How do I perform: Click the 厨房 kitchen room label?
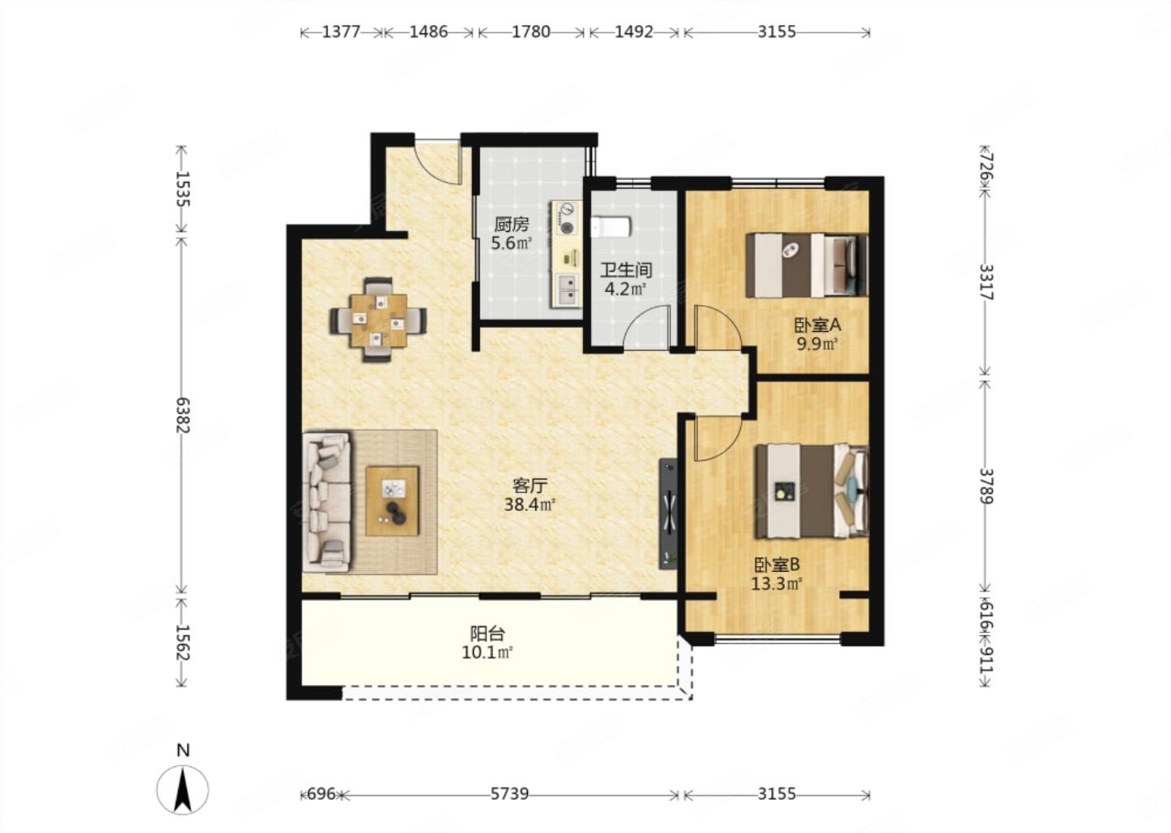(x=511, y=225)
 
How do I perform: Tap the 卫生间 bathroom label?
(x=626, y=270)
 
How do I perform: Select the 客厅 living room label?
(x=529, y=486)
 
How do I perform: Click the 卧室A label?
(x=817, y=325)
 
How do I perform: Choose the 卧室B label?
(x=777, y=565)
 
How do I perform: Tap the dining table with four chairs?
(x=378, y=320)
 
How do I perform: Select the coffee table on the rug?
(x=392, y=501)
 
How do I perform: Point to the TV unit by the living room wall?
(x=668, y=514)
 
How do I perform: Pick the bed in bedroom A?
(x=807, y=265)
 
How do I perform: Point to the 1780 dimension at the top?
(x=530, y=32)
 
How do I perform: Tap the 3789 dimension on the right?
(x=986, y=486)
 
